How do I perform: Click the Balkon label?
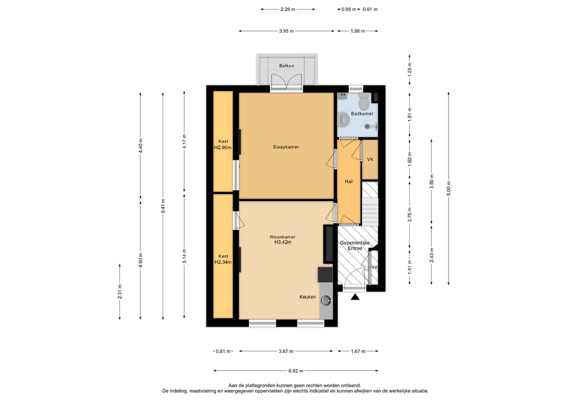point(286,66)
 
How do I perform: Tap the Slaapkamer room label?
point(286,147)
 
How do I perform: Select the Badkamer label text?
point(362,114)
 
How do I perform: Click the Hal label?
point(349,181)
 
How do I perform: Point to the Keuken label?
point(308,297)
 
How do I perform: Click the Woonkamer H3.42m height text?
point(283,242)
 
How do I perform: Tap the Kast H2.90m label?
point(223,145)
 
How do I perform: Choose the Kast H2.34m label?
point(223,259)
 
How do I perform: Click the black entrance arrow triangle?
point(355,297)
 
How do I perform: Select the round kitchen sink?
point(327,300)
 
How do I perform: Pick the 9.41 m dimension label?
point(163,206)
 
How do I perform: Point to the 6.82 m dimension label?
point(296,371)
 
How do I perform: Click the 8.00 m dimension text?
point(449,188)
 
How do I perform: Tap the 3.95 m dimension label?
point(287,31)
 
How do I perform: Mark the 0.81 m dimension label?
point(223,351)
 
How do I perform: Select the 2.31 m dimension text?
point(120,292)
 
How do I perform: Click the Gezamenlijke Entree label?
point(354,245)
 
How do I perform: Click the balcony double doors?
point(287,81)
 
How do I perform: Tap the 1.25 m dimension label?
point(410,70)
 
